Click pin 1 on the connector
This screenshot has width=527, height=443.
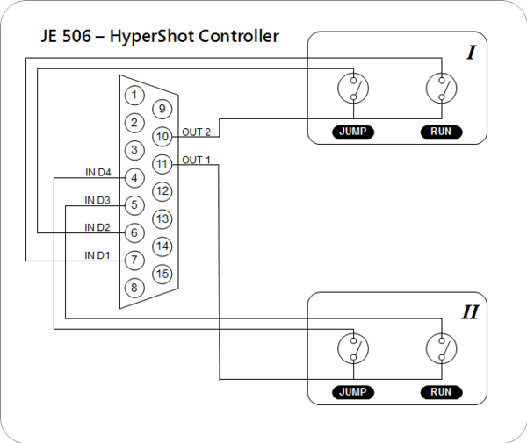click(134, 95)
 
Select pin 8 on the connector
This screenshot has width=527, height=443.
click(134, 287)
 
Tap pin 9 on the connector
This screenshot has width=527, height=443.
click(162, 110)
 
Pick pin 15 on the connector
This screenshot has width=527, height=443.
click(162, 274)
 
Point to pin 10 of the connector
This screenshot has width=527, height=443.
click(162, 137)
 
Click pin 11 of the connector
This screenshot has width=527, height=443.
click(162, 163)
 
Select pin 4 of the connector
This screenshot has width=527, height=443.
click(134, 178)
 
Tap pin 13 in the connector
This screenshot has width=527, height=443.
click(162, 218)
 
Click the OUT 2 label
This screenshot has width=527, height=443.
click(197, 132)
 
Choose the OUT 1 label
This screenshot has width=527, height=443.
click(197, 160)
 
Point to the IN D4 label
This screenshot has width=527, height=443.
click(98, 172)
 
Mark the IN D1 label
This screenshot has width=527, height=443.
click(97, 254)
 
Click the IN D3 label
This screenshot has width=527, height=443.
click(97, 200)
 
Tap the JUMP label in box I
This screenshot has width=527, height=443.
click(354, 132)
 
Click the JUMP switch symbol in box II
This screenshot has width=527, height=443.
click(353, 348)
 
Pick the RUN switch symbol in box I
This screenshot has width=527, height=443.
click(441, 88)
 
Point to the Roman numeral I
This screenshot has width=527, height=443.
click(471, 54)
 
